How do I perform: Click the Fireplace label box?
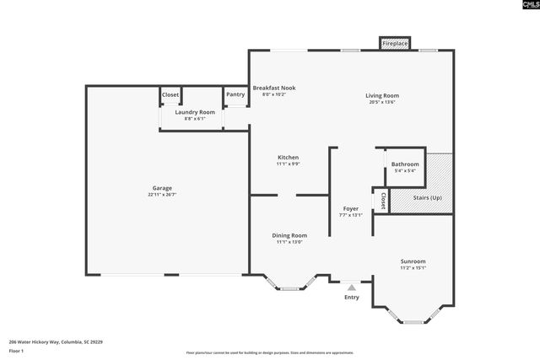pos(395,42)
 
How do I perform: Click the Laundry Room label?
pos(195,112)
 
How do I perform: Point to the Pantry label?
pos(235,94)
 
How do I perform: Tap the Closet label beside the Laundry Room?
pos(170,94)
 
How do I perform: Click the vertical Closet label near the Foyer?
pos(383,201)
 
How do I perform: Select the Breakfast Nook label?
pos(274,88)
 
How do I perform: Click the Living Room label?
pos(381,95)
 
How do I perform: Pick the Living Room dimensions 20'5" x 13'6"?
pos(381,102)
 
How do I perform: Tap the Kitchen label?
pos(289,157)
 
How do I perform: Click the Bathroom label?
pos(405,164)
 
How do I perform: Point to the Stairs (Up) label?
pos(428,197)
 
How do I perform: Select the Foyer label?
pos(351,208)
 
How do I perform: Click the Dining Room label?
pos(289,235)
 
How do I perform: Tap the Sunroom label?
pos(413,261)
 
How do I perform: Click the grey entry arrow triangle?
pos(352,287)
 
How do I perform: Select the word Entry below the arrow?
pos(352,297)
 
